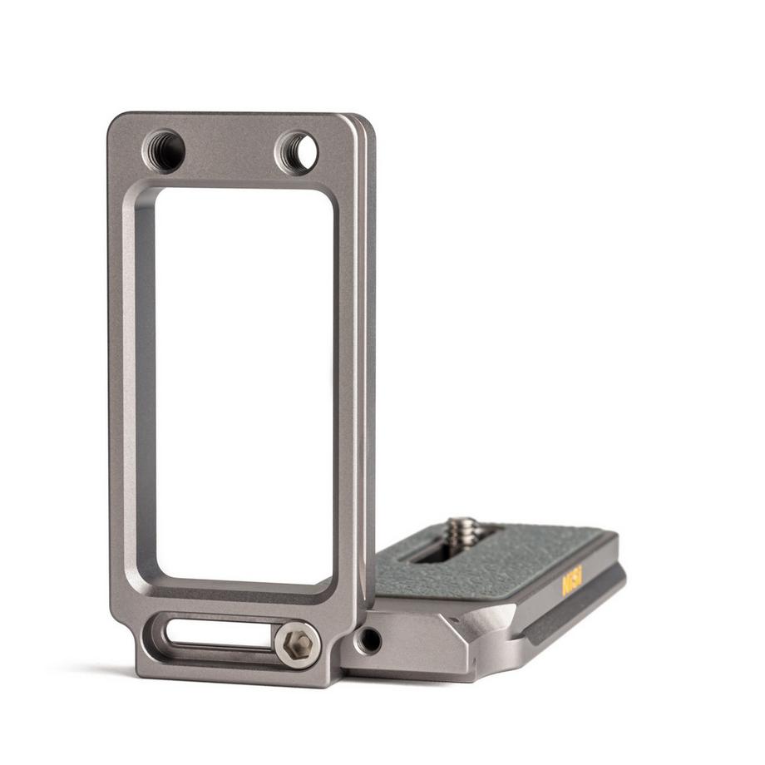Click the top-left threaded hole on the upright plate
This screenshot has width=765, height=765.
coord(164,151)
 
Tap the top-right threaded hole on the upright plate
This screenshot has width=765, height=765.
coord(297,152)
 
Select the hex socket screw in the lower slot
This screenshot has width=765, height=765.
coord(298,644)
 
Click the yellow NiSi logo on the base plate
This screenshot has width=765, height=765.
coord(572,580)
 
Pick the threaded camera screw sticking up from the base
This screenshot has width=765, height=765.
coord(461,532)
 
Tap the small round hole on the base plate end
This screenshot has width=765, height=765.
coord(368,639)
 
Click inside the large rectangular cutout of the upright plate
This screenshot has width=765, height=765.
coord(241,382)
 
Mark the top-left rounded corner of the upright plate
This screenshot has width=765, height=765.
coord(116,121)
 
